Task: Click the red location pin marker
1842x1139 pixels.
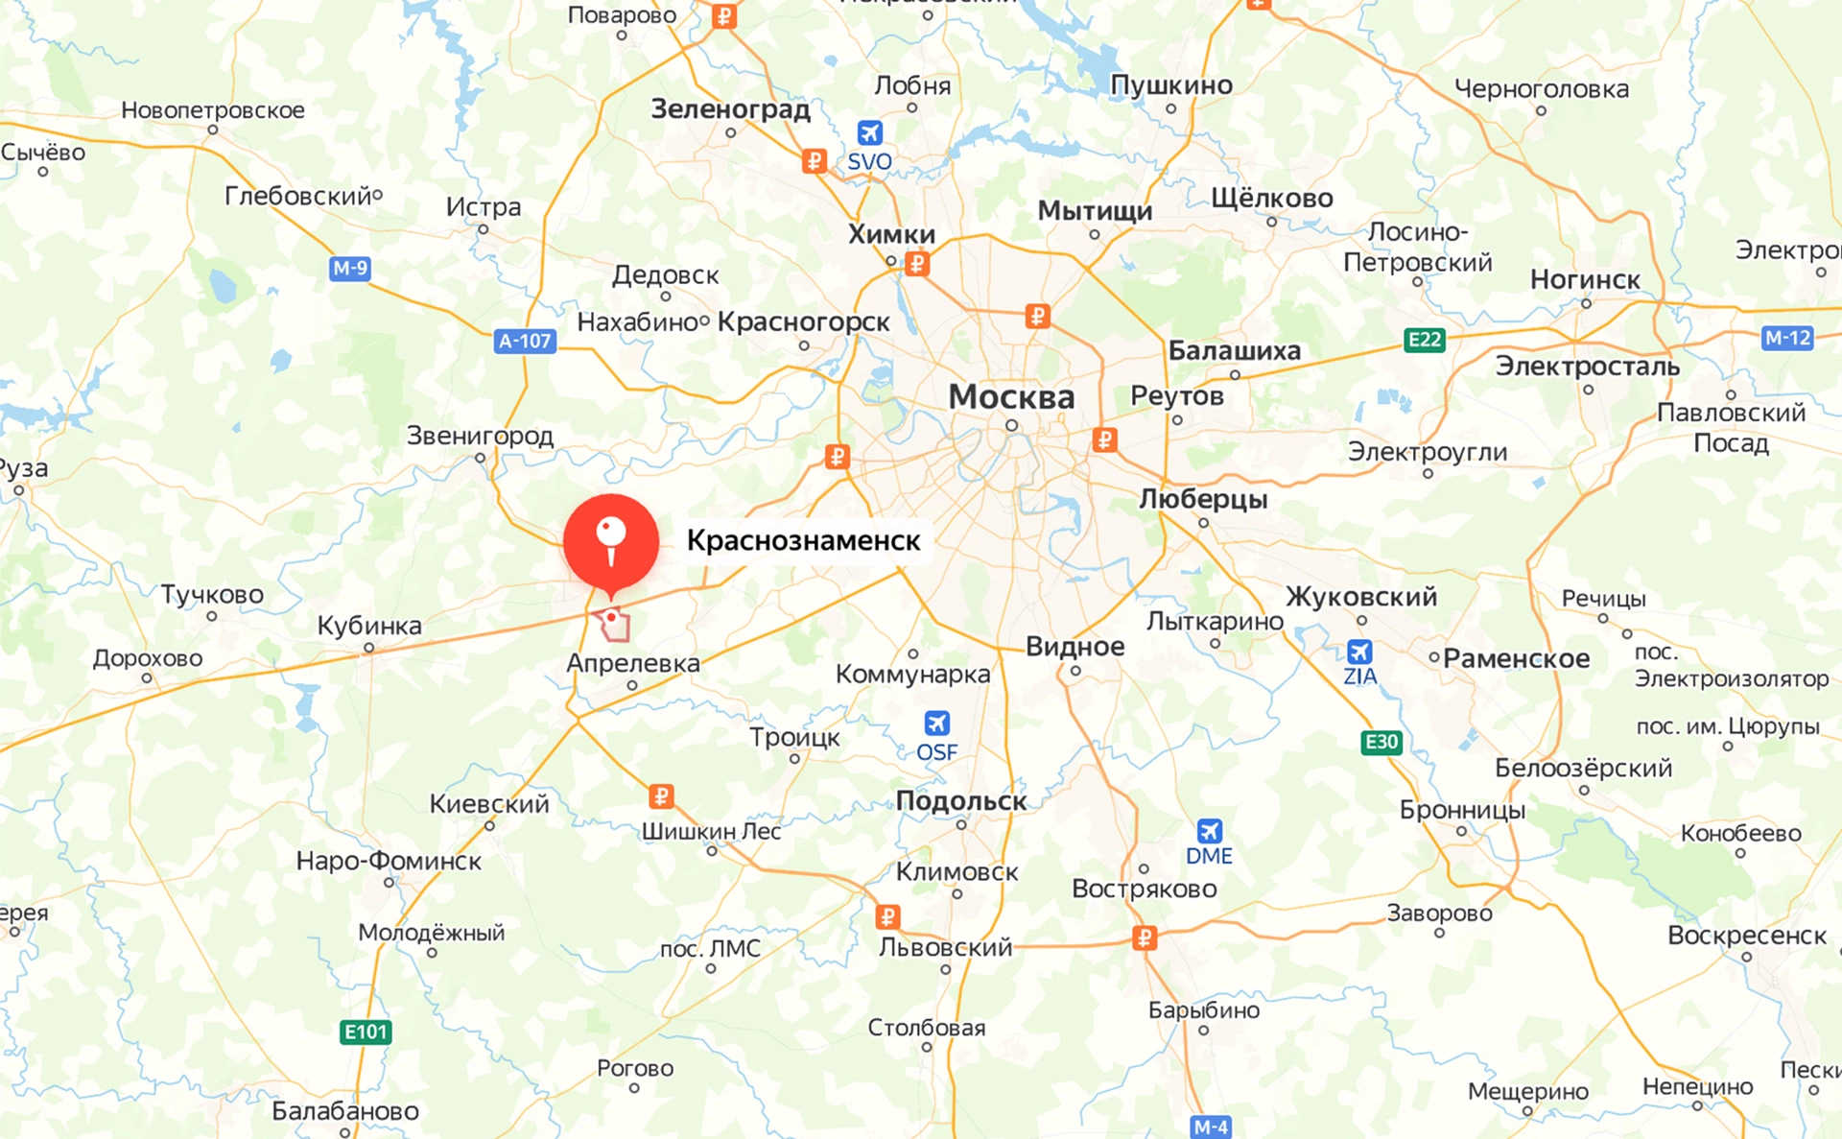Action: [x=611, y=541]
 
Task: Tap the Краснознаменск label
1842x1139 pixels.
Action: [x=803, y=541]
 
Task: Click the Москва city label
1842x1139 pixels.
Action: [x=1011, y=397]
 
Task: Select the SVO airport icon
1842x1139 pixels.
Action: [x=869, y=133]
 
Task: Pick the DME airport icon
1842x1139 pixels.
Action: [x=1209, y=831]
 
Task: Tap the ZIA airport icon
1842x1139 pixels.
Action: [x=1359, y=653]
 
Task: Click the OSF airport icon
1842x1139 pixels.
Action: [x=936, y=724]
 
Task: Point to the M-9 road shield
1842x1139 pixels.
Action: [x=350, y=269]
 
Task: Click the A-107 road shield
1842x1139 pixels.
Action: [x=525, y=341]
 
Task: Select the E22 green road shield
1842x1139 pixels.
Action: [x=1425, y=340]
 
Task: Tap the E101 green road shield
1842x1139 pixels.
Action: [x=366, y=1032]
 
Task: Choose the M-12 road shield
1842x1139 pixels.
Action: [x=1788, y=338]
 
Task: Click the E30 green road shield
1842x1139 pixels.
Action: [x=1381, y=742]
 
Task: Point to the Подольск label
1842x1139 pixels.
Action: [x=961, y=801]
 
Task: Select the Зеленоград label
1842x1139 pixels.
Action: [x=730, y=109]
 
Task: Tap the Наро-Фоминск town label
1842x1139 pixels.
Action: [x=389, y=861]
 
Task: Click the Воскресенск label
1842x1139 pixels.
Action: [x=1747, y=936]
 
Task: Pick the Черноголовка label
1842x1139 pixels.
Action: [x=1542, y=89]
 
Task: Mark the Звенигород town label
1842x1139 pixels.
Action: [x=480, y=436]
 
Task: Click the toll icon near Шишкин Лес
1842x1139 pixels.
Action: [x=661, y=796]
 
